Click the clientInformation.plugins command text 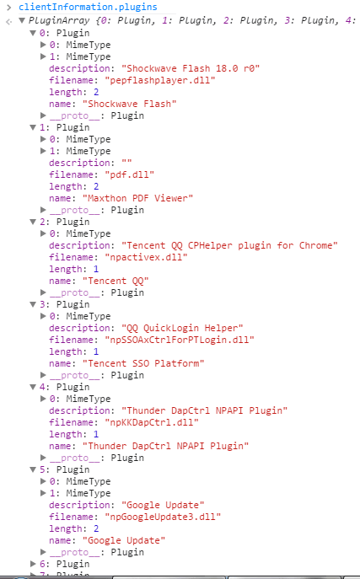[88, 7]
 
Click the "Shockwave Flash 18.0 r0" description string [191, 68]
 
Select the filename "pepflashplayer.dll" [160, 81]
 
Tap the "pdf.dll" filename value [129, 174]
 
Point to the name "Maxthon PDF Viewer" [137, 198]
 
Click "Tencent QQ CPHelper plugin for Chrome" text [229, 245]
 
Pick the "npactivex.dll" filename [146, 257]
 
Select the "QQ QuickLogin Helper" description [182, 329]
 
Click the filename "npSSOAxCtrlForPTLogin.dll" [180, 340]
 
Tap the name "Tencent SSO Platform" [143, 363]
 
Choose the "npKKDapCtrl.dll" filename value [152, 422]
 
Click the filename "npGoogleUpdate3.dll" [163, 517]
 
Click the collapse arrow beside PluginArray [22, 20]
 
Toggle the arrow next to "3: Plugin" [33, 304]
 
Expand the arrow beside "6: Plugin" [33, 564]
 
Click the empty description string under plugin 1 [126, 163]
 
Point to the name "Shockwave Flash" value [129, 105]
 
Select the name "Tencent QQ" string [116, 281]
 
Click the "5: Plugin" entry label [65, 469]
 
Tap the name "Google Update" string [124, 540]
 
